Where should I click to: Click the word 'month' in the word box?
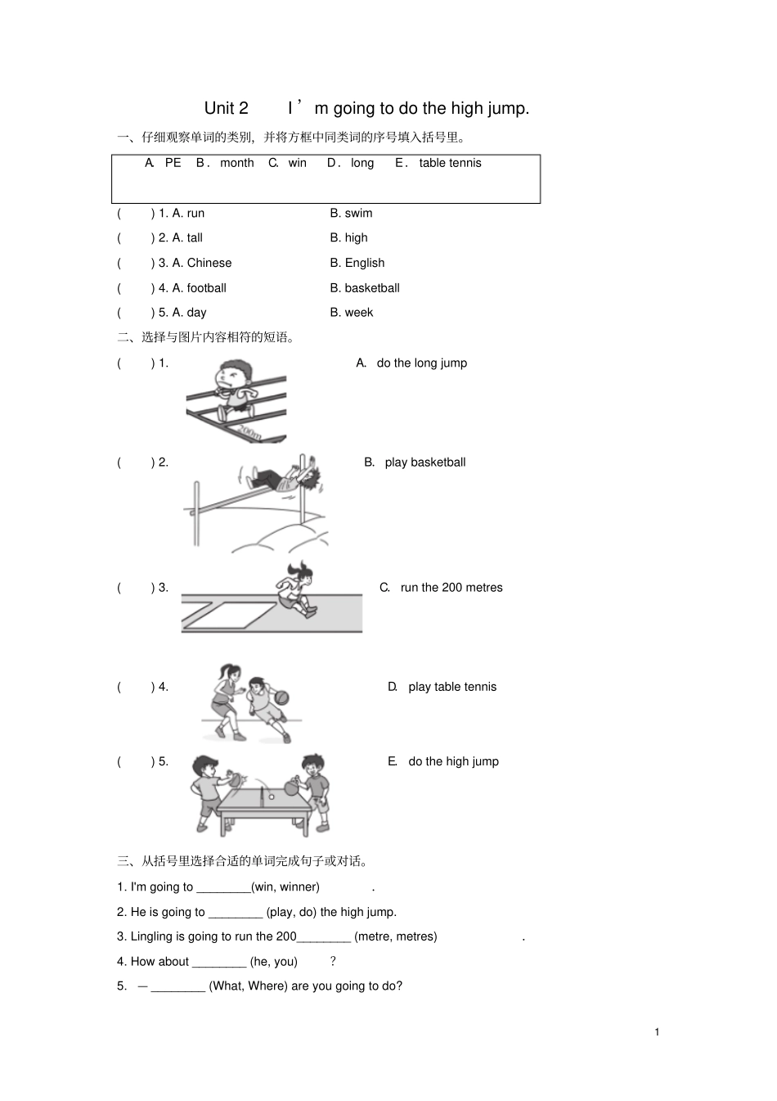click(x=236, y=163)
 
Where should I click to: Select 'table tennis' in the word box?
click(x=450, y=163)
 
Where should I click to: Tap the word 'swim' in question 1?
click(x=358, y=214)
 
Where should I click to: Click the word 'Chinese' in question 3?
click(x=209, y=263)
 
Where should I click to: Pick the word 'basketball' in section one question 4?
click(x=372, y=288)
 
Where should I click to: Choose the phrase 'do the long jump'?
click(x=421, y=363)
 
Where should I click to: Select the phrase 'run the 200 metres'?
click(x=451, y=588)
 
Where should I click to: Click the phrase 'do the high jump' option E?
click(x=453, y=761)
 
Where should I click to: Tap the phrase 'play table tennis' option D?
click(x=452, y=687)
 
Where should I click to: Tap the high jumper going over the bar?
click(x=282, y=478)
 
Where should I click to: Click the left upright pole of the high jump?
click(x=196, y=513)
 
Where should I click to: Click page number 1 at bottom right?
click(x=657, y=1032)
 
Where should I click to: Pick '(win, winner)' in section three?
click(x=285, y=887)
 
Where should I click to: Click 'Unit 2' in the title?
click(x=226, y=109)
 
